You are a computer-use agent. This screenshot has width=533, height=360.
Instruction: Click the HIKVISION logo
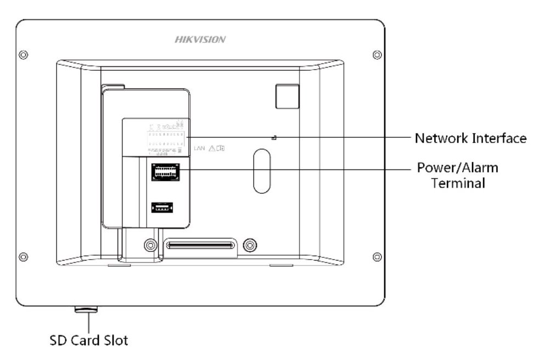click(200, 40)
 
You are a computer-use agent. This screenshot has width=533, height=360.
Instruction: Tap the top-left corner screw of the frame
click(23, 54)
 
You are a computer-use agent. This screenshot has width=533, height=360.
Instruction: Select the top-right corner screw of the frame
click(377, 54)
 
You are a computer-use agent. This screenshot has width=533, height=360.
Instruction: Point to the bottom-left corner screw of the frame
click(23, 256)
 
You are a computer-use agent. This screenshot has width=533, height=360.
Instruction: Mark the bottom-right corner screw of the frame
click(377, 256)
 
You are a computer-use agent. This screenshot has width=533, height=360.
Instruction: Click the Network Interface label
click(470, 138)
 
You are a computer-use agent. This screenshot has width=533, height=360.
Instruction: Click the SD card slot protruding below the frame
click(86, 311)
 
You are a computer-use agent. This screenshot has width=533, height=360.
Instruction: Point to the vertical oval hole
click(262, 172)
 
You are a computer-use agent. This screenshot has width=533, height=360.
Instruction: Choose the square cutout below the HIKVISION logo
click(287, 95)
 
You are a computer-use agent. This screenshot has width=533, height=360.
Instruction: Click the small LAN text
click(200, 148)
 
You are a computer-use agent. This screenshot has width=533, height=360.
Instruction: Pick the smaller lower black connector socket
click(162, 208)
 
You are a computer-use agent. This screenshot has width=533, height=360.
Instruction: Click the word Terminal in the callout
click(458, 183)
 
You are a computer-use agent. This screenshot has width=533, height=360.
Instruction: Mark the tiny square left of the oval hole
click(274, 137)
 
